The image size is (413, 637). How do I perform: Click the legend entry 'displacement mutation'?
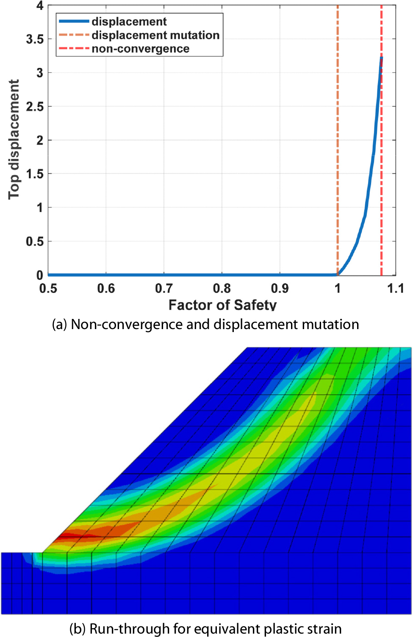point(155,35)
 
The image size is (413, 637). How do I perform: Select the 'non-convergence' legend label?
point(140,49)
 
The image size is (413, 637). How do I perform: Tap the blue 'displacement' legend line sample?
point(74,22)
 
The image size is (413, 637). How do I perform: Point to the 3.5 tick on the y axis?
point(35,39)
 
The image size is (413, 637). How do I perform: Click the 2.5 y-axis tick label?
point(35,107)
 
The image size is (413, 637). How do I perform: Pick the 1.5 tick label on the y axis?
point(35,174)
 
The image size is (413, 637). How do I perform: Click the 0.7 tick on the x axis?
point(164,289)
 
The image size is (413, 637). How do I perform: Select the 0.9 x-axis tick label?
point(280,289)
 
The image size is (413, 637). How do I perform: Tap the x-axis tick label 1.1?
point(395,289)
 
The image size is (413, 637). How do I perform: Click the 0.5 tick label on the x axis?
point(48,289)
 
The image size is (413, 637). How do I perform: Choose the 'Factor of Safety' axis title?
point(222,305)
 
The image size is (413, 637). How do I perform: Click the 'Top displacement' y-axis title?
point(14,139)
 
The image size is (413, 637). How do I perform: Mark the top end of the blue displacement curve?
point(381,58)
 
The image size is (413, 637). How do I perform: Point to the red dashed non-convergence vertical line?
point(381,169)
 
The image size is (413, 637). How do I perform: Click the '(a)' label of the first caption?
point(59,324)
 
